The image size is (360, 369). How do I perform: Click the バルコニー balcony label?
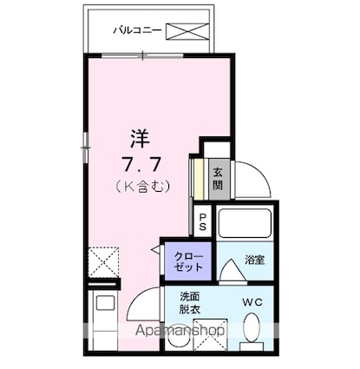point(136,31)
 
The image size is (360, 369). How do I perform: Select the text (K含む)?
point(140,185)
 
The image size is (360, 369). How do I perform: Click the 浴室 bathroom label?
point(254,258)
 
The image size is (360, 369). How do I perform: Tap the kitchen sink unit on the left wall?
point(103,313)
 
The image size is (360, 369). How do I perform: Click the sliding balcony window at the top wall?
point(160,56)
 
